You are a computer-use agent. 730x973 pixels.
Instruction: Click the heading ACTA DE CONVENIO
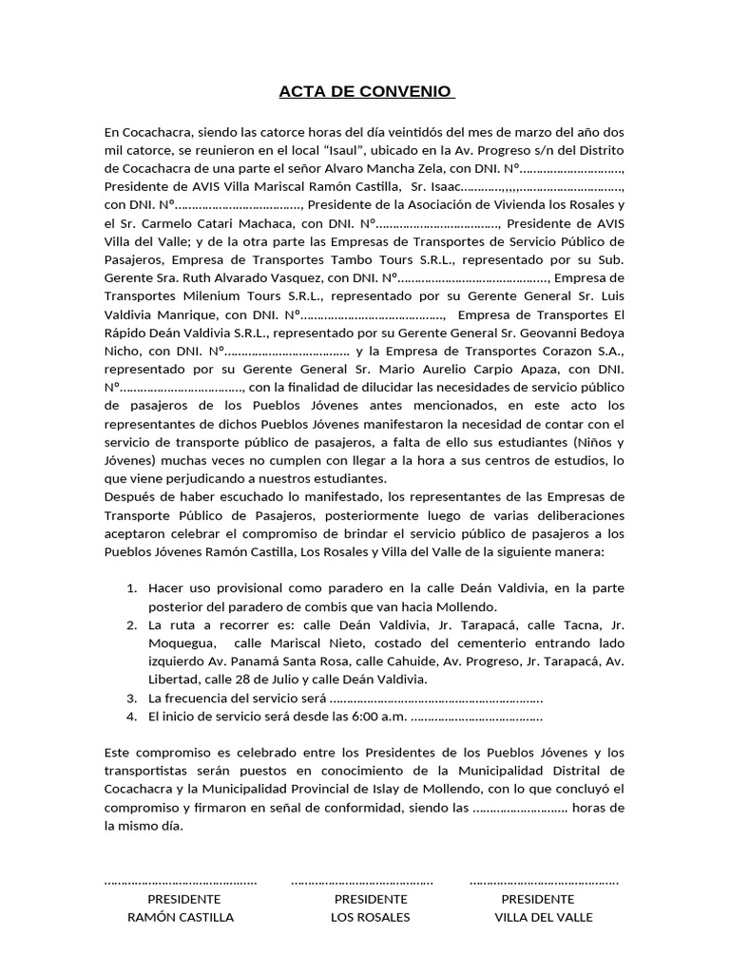point(366,92)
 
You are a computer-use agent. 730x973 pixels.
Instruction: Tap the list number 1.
point(132,589)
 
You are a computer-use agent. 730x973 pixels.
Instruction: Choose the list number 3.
point(132,698)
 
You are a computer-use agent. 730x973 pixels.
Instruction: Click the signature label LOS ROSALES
point(370,918)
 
